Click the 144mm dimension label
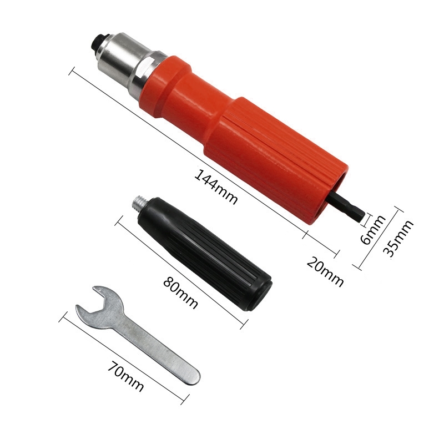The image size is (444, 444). click(216, 187)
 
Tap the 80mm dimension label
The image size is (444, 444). click(180, 292)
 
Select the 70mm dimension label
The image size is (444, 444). click(126, 376)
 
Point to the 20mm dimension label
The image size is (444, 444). click(325, 271)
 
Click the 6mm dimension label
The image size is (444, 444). click(373, 229)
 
